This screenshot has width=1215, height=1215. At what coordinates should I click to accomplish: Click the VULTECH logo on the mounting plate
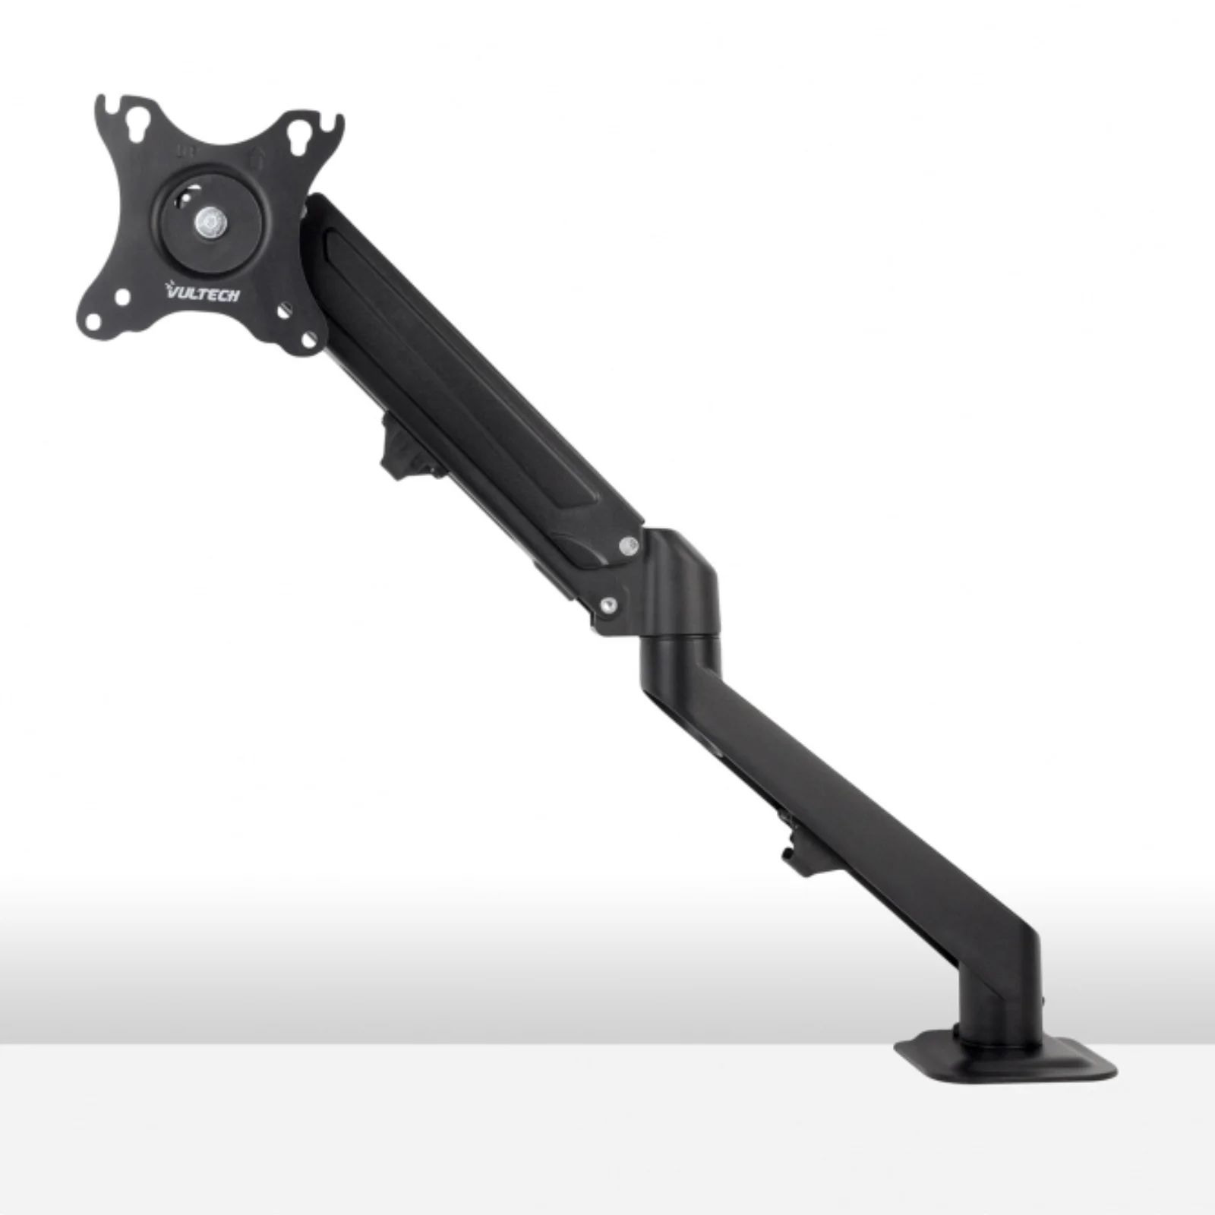click(202, 291)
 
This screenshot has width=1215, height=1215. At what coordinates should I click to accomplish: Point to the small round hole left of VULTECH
click(121, 297)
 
